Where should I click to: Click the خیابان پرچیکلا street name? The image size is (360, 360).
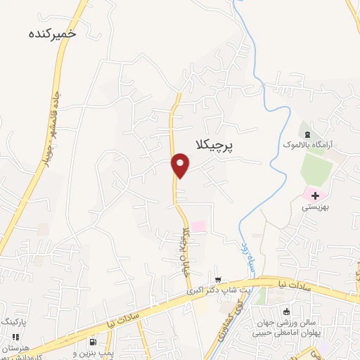(x=187, y=250)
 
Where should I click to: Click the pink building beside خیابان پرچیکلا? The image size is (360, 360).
(x=198, y=226)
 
